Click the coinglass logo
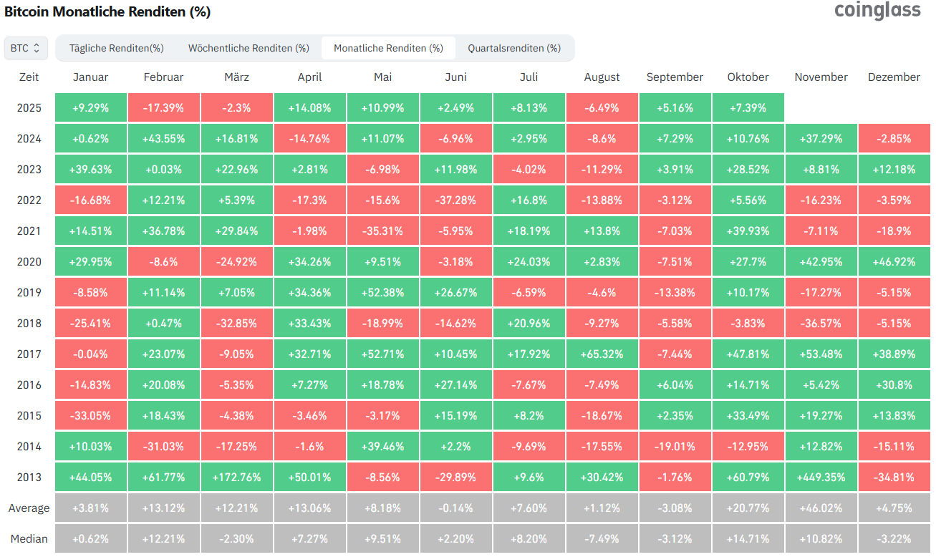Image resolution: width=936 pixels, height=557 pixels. tap(877, 11)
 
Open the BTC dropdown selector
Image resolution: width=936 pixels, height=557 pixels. tap(26, 48)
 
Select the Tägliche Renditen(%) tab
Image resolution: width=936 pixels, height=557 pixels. tap(117, 48)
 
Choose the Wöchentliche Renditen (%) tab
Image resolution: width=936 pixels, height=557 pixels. tap(249, 48)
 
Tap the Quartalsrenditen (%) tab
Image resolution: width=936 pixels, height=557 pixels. tap(514, 48)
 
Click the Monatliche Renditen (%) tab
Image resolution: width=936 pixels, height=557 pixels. tap(388, 48)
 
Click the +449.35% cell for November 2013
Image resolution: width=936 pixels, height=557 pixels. tap(821, 477)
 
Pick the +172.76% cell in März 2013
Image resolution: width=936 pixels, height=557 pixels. tap(236, 477)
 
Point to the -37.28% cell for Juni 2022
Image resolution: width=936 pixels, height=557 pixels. tap(455, 200)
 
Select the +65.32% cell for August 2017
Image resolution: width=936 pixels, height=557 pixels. tap(602, 354)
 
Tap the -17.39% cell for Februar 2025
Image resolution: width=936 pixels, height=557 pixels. tap(163, 108)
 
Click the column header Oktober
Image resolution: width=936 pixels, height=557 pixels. tap(748, 77)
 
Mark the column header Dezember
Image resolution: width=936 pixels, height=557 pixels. tap(894, 77)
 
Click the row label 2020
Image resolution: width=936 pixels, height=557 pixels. tap(29, 262)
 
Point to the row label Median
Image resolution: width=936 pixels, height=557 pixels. tap(29, 538)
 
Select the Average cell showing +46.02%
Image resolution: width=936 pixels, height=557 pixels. tap(821, 508)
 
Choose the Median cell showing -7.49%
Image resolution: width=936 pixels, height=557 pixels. tap(602, 538)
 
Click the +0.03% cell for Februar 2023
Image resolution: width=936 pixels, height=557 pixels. tap(163, 170)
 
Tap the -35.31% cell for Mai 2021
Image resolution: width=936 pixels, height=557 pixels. tap(382, 231)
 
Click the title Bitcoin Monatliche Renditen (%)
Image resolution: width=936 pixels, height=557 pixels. tap(107, 12)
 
